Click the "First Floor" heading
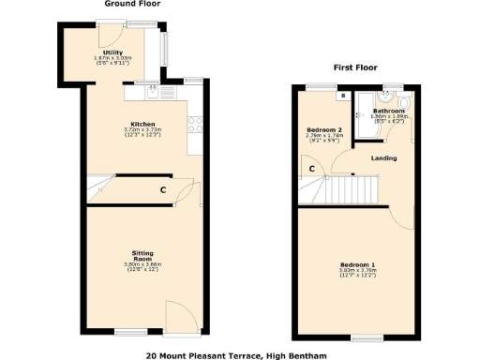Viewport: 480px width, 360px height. pyautogui.click(x=354, y=67)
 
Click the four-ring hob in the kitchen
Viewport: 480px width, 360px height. pyautogui.click(x=195, y=122)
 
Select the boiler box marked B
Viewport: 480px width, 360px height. pyautogui.click(x=344, y=95)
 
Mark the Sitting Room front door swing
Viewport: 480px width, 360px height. pyautogui.click(x=179, y=315)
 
